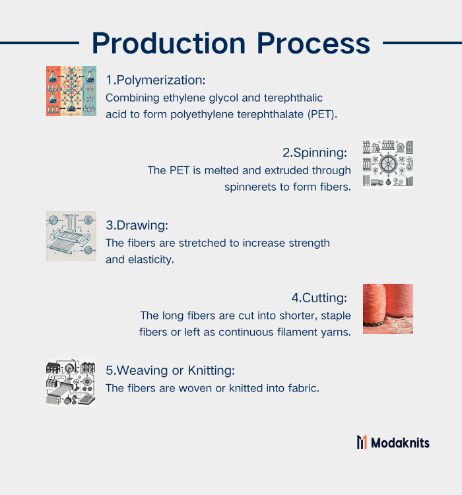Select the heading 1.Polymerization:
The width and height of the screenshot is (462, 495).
point(156,80)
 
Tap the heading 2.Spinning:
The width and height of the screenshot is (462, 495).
point(315,153)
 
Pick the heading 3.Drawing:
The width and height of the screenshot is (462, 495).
point(137,226)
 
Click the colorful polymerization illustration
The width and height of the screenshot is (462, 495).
point(71,91)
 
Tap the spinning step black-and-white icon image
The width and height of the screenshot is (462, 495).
point(388,164)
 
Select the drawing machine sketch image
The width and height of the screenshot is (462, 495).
point(71,236)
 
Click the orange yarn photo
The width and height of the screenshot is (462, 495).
point(388,309)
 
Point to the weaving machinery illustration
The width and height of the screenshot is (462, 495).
point(71,381)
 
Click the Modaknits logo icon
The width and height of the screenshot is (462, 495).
point(362,442)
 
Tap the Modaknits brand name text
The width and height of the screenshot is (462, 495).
point(400,443)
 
